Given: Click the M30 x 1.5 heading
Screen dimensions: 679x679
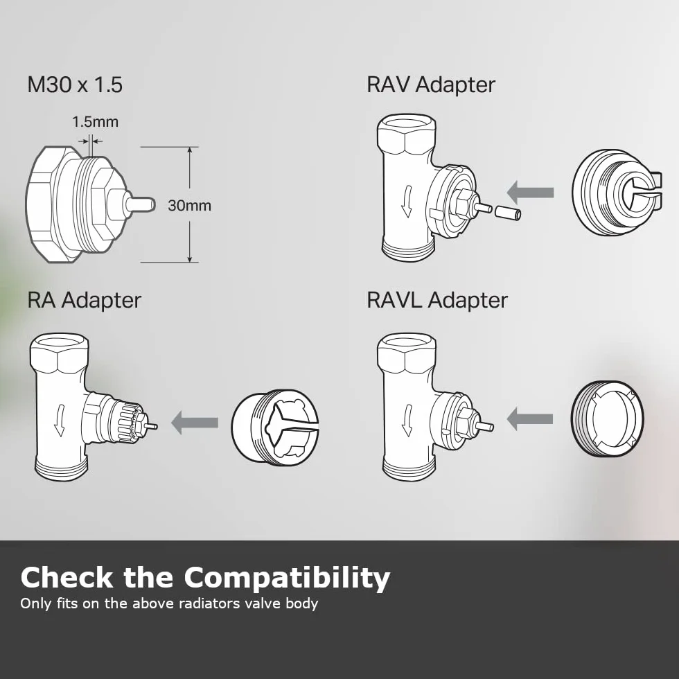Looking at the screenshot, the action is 75,85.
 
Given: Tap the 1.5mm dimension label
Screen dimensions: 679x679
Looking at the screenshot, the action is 96,122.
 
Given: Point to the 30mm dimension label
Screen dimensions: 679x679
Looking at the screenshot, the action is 190,205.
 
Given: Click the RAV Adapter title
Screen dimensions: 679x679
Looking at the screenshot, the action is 431,85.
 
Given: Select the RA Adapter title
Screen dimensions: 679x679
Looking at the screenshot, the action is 85,299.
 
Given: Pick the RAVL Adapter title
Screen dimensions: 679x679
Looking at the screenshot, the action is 437,299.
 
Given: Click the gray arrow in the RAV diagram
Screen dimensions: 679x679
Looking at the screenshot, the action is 530,193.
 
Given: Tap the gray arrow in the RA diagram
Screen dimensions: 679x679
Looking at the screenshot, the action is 195,422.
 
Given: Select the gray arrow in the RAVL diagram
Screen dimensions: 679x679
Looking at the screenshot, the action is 529,418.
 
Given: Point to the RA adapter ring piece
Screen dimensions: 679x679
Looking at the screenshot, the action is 275,427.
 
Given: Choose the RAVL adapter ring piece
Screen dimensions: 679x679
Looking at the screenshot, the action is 607,418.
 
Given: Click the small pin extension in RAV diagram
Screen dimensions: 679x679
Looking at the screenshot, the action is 507,213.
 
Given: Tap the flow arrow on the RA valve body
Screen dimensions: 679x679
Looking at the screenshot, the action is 60,421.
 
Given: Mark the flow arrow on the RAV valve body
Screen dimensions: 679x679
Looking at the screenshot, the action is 407,202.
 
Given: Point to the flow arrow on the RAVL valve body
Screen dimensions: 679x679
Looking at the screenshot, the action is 407,421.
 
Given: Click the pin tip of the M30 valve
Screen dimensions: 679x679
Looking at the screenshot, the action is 153,204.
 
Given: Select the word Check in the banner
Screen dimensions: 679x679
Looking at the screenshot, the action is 67,577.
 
